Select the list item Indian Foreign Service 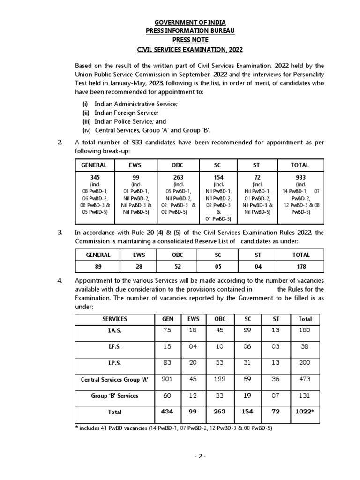(x=126, y=112)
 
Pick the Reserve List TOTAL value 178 (x=301, y=267)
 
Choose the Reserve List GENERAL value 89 (x=98, y=267)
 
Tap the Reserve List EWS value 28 (x=140, y=267)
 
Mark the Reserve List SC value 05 (x=217, y=267)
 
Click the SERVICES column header (x=115, y=319)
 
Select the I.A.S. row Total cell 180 (x=305, y=330)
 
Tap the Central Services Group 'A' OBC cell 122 (x=220, y=379)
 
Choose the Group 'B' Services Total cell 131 (x=305, y=395)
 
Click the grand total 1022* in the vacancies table (x=305, y=412)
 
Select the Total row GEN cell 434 (x=168, y=412)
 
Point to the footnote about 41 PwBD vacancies (x=173, y=428)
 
